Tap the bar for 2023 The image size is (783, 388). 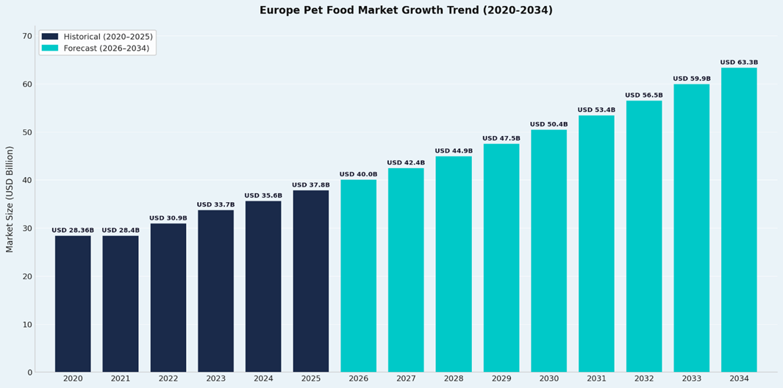(x=215, y=291)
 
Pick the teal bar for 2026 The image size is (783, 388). (x=358, y=276)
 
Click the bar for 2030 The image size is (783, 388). (x=548, y=251)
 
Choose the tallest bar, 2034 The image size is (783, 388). (x=739, y=220)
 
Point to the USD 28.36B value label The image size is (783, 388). (x=73, y=231)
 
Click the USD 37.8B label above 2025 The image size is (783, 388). (x=311, y=185)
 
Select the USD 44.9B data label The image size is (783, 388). (x=454, y=151)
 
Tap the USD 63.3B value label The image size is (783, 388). (x=739, y=62)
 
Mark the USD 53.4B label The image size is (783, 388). (x=596, y=110)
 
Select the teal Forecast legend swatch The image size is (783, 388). (x=50, y=48)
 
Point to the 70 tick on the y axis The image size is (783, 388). (x=27, y=36)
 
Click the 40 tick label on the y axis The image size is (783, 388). (x=27, y=180)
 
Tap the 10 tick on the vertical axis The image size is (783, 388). (x=27, y=325)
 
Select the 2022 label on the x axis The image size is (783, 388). (x=168, y=378)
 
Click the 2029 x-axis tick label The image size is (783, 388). (x=501, y=378)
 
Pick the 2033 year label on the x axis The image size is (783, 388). (x=692, y=378)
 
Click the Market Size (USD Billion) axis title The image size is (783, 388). (x=10, y=198)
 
